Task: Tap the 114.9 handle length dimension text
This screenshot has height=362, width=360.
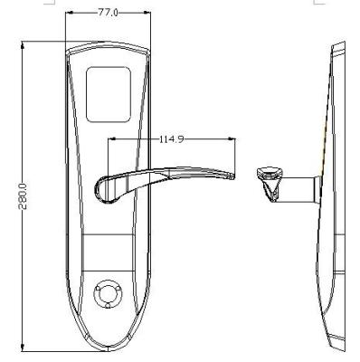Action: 170,139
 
